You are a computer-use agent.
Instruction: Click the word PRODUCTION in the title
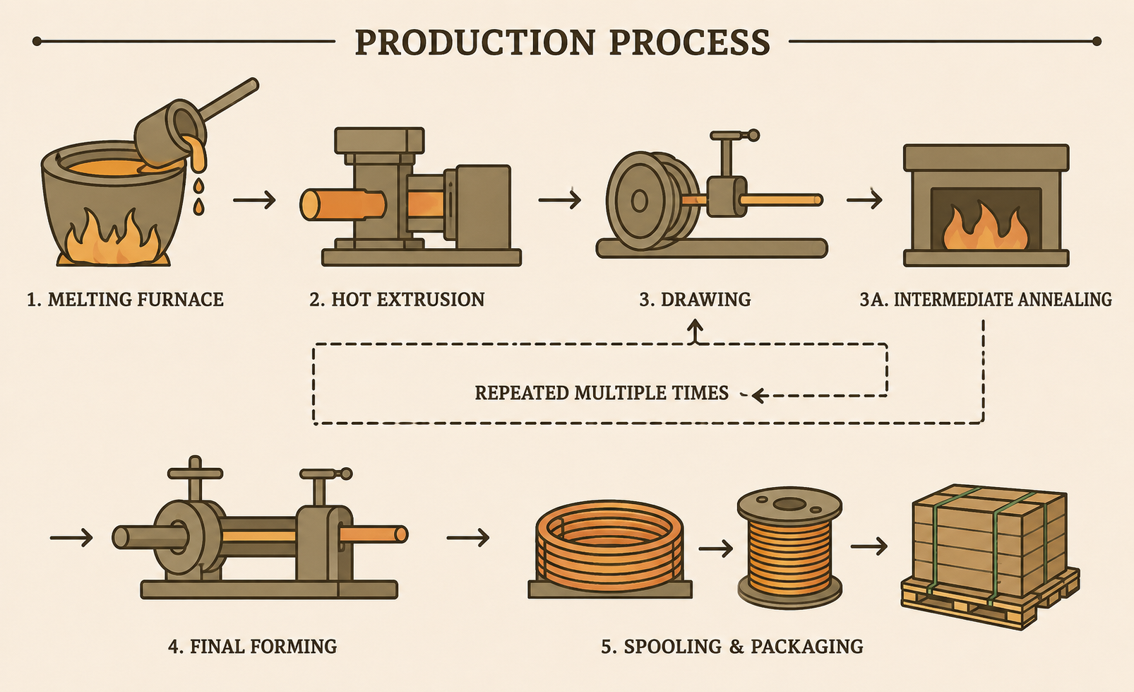click(x=475, y=42)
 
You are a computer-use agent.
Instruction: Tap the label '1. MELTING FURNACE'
click(x=125, y=300)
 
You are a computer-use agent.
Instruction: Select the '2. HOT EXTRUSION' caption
click(x=397, y=300)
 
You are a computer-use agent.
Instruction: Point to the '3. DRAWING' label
click(x=695, y=300)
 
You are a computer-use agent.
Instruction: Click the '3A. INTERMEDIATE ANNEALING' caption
click(x=986, y=300)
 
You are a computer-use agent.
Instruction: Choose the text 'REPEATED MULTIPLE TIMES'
click(x=602, y=393)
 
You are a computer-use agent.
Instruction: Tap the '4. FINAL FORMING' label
click(x=252, y=646)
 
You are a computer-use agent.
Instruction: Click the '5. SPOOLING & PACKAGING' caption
click(x=732, y=646)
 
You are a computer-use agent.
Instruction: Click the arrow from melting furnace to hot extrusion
click(x=254, y=200)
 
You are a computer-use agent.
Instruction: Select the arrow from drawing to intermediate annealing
click(x=865, y=200)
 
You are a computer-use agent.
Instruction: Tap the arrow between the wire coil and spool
click(x=716, y=548)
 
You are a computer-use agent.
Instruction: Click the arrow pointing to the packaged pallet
click(x=869, y=546)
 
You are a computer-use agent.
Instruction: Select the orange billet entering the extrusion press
click(x=342, y=204)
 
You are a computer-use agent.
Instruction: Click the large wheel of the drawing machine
click(x=640, y=201)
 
